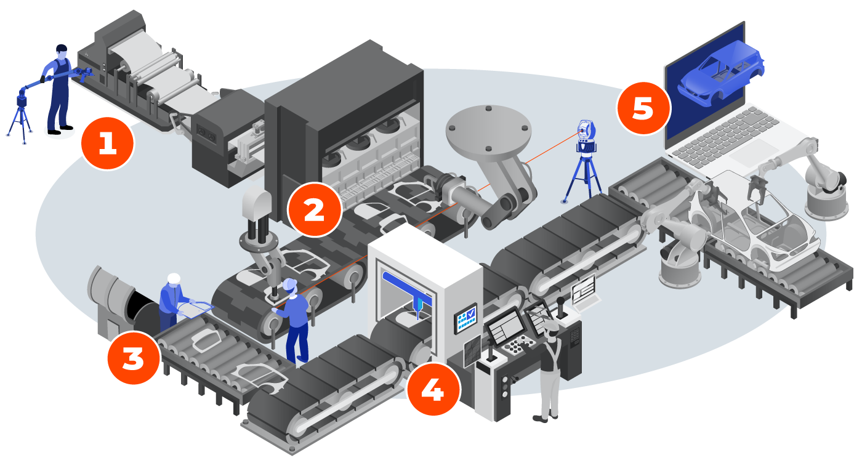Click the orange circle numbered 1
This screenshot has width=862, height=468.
click(107, 143)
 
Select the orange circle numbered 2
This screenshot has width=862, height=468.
click(314, 210)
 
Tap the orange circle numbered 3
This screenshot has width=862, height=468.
click(133, 358)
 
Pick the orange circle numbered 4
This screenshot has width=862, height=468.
click(433, 390)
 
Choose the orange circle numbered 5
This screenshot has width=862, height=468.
click(643, 108)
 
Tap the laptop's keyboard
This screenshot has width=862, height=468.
click(727, 135)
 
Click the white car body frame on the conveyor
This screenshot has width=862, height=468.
click(757, 222)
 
